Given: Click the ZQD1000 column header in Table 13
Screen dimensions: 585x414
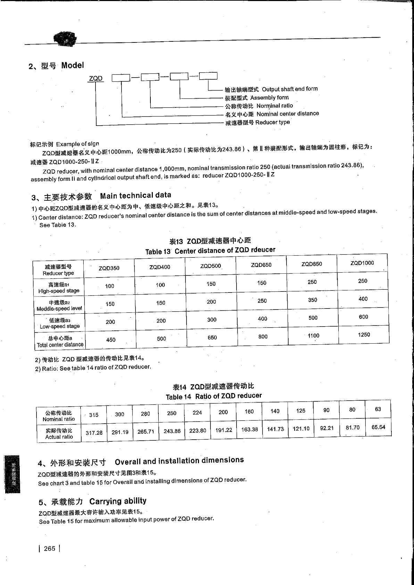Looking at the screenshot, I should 362,263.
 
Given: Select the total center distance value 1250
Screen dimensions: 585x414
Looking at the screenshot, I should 364,335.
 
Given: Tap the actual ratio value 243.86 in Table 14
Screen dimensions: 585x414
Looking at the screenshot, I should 172,431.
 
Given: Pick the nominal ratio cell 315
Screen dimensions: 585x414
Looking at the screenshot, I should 94,415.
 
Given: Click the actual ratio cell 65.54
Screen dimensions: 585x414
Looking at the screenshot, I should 378,427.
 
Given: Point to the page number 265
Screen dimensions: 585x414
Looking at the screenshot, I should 50,548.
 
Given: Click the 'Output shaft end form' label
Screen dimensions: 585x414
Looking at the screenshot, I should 290,89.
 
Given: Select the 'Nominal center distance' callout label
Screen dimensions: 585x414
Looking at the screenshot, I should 288,114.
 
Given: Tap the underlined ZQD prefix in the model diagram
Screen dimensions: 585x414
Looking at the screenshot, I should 96,79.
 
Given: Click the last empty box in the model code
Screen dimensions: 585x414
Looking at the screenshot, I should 208,76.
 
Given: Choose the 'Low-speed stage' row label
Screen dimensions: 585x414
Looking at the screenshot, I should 59,323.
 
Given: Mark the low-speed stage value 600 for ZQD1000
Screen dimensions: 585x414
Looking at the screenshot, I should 363,317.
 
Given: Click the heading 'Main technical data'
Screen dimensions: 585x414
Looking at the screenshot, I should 135,195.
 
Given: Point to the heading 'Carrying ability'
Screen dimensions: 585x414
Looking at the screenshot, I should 118,501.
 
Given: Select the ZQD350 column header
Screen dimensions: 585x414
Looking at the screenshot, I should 109,268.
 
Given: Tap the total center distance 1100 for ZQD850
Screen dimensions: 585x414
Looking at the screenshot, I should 313,336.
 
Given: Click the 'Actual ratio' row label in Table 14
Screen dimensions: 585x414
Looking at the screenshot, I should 59,434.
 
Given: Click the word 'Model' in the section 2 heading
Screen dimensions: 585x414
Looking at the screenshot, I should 73,65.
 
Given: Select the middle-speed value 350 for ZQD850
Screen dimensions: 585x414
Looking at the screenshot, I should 313,300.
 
